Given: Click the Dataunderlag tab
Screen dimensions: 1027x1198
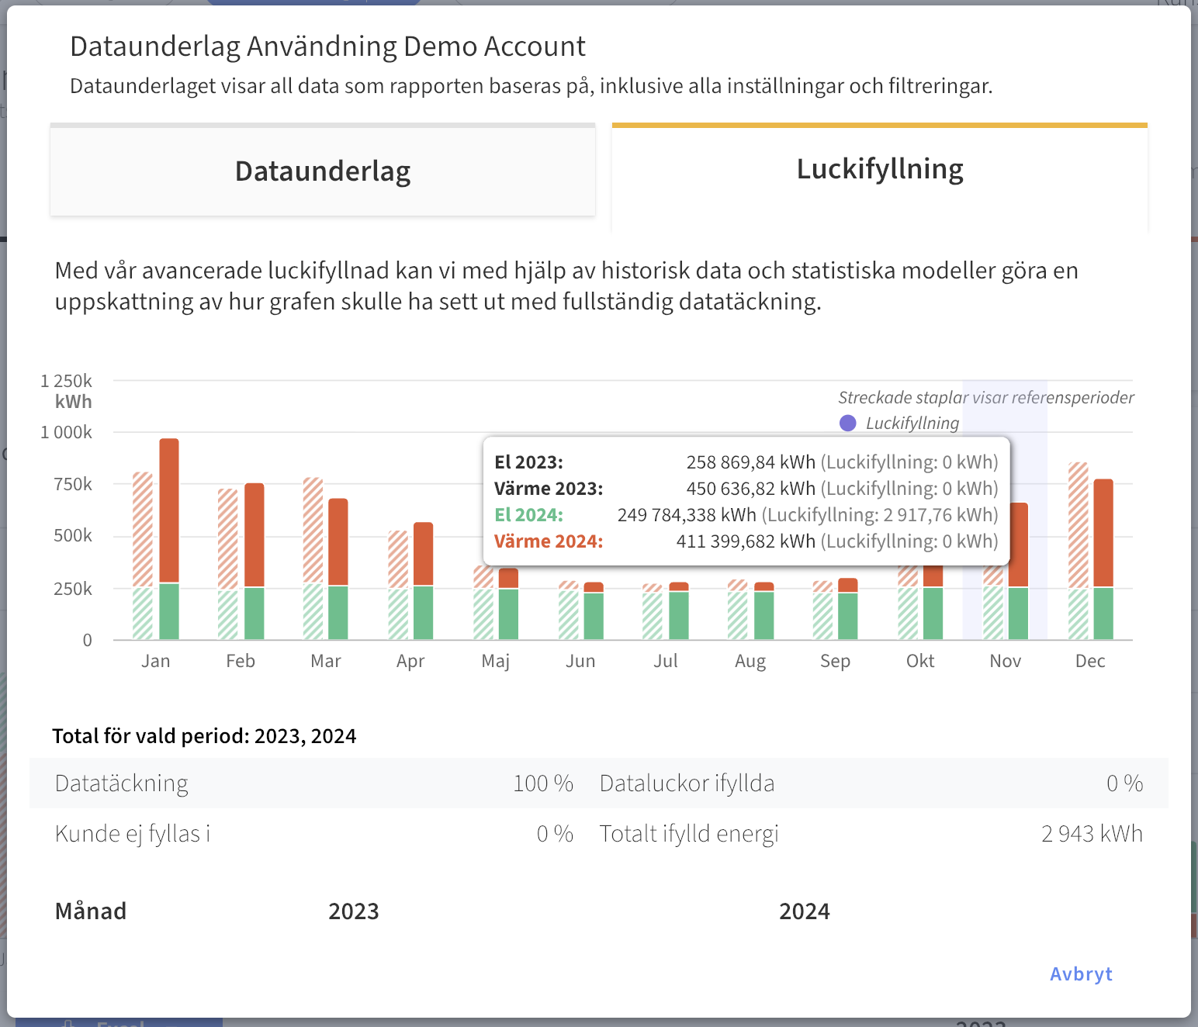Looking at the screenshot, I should (x=323, y=171).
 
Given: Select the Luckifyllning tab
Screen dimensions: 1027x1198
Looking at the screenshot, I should (x=880, y=169).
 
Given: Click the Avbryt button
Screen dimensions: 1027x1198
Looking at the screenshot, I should (x=1080, y=974).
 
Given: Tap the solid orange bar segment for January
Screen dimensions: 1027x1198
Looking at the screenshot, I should (x=169, y=510).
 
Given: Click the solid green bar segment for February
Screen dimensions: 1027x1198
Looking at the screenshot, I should (x=254, y=613).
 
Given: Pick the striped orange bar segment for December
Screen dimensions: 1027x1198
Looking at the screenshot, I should (x=1078, y=524).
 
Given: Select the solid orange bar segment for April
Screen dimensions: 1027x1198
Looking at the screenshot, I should (x=424, y=553).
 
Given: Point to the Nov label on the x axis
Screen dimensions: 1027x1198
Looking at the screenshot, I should (x=1005, y=661).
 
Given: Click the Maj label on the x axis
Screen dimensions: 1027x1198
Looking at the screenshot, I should (x=495, y=661).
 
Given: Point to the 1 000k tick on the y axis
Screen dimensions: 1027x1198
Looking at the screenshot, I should (x=67, y=432).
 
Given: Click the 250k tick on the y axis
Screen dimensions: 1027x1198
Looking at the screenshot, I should (x=73, y=589).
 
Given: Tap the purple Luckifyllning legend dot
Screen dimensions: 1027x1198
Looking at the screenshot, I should (x=848, y=423).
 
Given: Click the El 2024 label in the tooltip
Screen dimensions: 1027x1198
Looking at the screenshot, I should (x=528, y=515).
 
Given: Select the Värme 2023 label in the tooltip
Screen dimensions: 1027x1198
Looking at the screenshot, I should (x=549, y=489).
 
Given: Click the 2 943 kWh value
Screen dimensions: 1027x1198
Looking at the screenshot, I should (x=1092, y=834).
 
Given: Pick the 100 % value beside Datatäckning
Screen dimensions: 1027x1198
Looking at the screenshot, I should (x=542, y=783).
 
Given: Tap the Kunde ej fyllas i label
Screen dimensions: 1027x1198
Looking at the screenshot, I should (x=133, y=834).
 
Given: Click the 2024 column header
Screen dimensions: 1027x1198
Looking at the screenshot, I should (x=804, y=911).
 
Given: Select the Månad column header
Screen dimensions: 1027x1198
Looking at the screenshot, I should (x=91, y=911).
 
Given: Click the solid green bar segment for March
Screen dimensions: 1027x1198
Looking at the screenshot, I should (x=338, y=612).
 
